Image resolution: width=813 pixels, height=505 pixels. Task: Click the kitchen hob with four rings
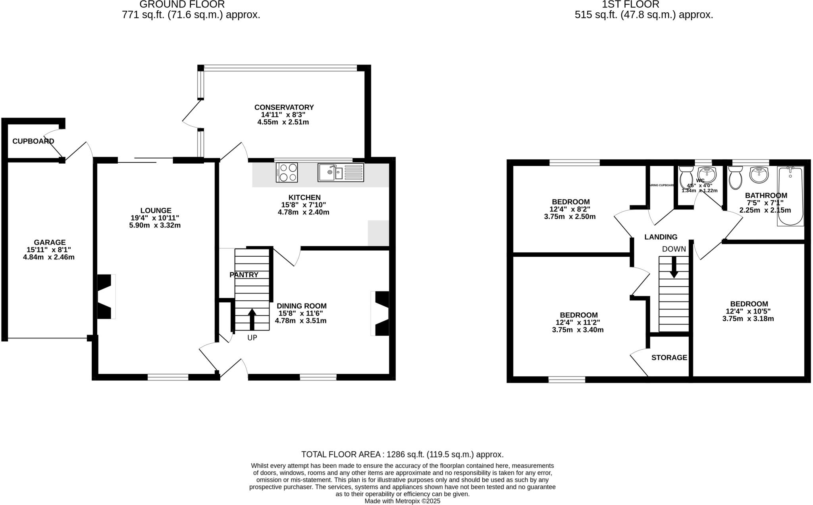(x=287, y=172)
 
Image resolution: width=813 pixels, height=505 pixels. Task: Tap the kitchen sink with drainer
(x=341, y=172)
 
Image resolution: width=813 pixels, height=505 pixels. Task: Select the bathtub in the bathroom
(x=790, y=196)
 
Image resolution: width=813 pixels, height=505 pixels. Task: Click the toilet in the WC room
(x=686, y=177)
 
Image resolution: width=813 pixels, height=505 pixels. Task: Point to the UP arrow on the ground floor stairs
(x=252, y=319)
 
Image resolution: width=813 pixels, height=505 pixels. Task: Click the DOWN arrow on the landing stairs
(x=674, y=267)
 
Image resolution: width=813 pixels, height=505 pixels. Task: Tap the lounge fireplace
(x=106, y=296)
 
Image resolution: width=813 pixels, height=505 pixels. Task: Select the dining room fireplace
(x=380, y=313)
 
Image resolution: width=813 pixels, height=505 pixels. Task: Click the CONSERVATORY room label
(x=284, y=107)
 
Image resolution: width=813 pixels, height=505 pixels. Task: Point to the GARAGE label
(x=50, y=242)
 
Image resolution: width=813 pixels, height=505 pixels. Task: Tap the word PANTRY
(x=244, y=275)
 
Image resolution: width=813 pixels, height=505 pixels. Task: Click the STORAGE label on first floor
(x=669, y=358)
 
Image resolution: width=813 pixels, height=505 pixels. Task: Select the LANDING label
(x=661, y=237)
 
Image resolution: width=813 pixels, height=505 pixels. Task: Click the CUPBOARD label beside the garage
(x=33, y=141)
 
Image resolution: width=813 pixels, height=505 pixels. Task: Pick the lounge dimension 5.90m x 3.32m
(x=155, y=225)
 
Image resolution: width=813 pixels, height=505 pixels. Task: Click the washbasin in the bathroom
(x=759, y=175)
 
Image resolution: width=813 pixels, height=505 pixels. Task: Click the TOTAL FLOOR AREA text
(x=402, y=455)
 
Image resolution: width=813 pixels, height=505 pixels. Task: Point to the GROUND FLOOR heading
(x=182, y=5)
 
